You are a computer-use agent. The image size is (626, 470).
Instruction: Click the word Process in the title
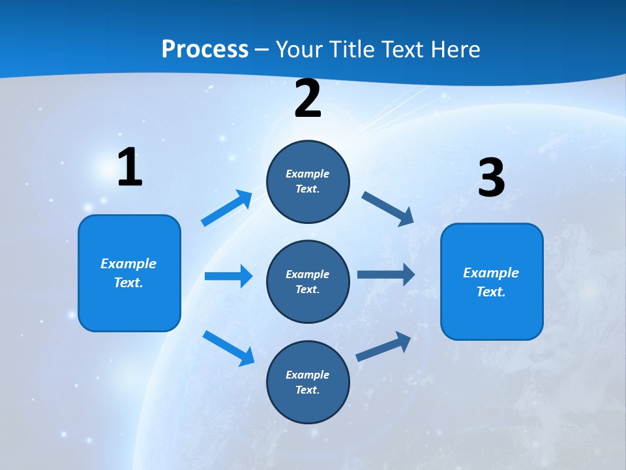point(205,50)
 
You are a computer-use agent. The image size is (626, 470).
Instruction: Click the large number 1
point(130,168)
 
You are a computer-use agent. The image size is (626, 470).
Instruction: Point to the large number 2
point(308,99)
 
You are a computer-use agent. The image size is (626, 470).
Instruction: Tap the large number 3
point(491,178)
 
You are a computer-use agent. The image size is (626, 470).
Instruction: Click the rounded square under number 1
point(129,273)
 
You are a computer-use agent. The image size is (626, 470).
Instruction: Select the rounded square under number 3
point(492,282)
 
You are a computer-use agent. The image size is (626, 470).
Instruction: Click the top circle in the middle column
point(308,181)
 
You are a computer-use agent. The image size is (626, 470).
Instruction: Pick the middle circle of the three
point(308,282)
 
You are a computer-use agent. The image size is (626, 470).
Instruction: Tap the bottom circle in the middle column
point(308,383)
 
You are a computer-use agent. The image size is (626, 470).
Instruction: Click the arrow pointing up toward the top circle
point(227,208)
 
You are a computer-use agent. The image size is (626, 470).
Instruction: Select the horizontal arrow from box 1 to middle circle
point(228,276)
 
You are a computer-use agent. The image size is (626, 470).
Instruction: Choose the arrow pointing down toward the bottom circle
point(228,347)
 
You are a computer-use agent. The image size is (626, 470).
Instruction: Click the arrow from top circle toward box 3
point(388,208)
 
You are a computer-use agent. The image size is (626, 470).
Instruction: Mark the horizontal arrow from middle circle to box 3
point(386,275)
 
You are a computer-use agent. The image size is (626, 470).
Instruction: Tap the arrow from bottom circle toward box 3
point(384,347)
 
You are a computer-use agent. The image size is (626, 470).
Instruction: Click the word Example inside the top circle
point(308,174)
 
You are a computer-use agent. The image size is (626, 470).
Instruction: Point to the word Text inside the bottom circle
point(306,390)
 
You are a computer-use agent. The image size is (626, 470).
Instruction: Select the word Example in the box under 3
point(491,273)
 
